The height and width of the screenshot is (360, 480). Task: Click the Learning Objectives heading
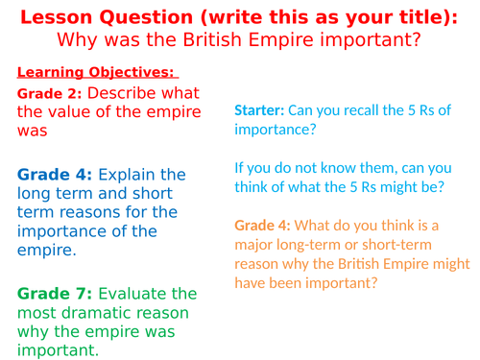[96, 73]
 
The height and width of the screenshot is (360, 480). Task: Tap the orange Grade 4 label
[261, 226]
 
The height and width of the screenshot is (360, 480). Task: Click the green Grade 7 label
[55, 293]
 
